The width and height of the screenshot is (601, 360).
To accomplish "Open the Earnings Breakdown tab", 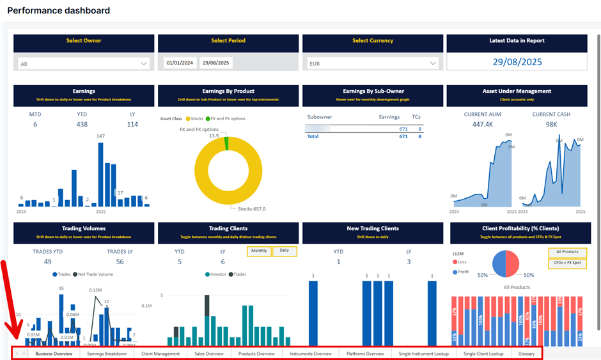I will click(107, 353).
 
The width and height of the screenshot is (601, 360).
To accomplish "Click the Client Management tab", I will click(160, 353).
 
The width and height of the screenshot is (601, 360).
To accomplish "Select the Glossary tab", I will click(527, 353).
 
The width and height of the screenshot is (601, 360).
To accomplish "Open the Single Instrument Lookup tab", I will click(423, 353).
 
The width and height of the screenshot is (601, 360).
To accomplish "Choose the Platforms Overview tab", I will click(365, 353).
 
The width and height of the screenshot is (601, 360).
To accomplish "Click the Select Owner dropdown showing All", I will click(84, 63).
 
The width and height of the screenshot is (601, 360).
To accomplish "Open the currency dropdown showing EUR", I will click(372, 63).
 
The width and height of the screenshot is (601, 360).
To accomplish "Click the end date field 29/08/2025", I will click(216, 63).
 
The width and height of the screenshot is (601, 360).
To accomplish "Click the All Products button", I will click(567, 252).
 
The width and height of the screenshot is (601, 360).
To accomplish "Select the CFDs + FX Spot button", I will click(567, 263).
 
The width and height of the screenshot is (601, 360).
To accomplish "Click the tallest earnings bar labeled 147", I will click(100, 173).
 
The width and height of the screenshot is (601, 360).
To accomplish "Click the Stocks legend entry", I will click(195, 118).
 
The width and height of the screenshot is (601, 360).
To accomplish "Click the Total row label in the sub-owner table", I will click(313, 136).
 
